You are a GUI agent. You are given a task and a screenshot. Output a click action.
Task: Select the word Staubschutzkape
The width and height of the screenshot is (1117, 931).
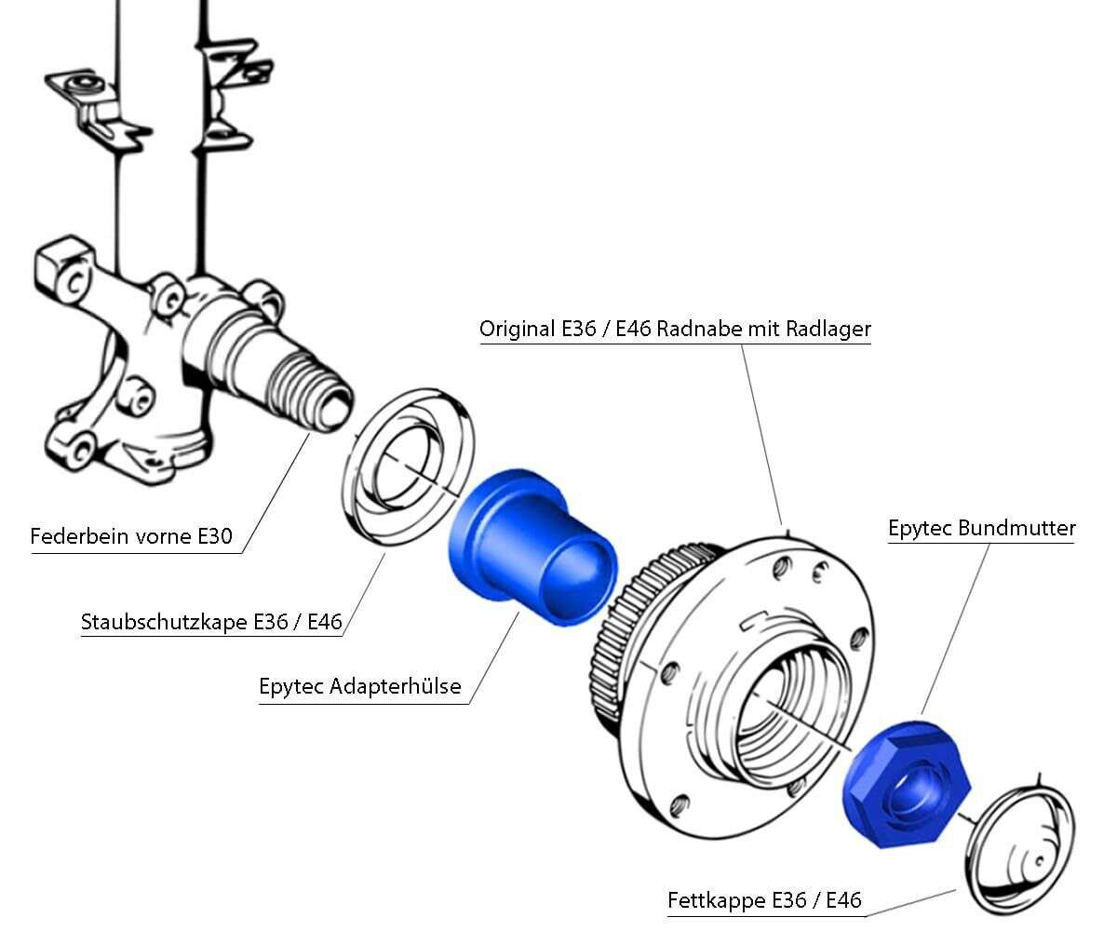[x=164, y=622]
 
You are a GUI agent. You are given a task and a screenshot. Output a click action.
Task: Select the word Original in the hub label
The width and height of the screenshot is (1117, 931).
[x=517, y=329]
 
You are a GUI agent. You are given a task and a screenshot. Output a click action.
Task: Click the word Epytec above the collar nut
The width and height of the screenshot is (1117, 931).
[x=920, y=529]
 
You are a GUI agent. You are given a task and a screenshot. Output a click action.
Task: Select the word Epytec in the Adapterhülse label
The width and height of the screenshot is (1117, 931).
[x=291, y=688]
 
